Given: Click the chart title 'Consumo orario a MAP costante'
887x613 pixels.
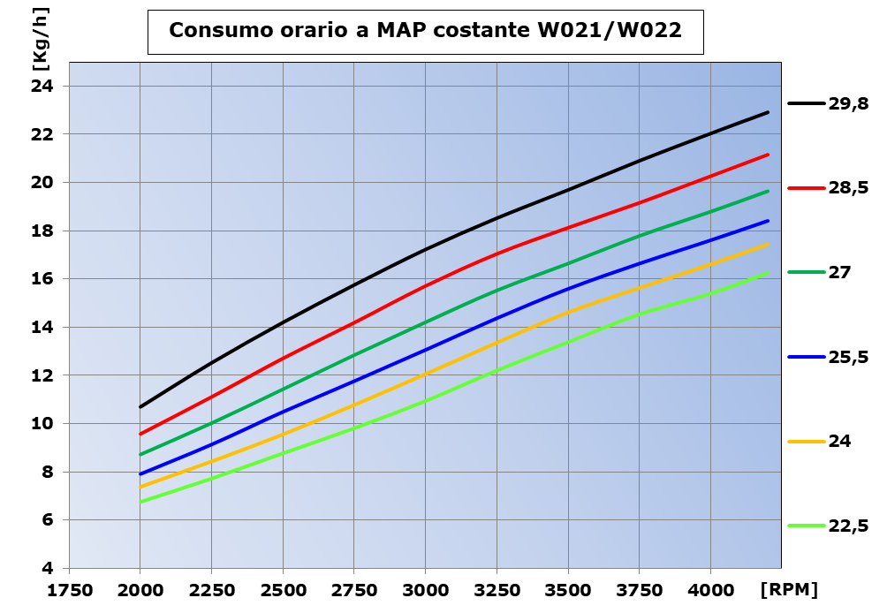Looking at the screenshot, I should (425, 30).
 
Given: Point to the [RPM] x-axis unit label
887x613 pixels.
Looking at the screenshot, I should (788, 589).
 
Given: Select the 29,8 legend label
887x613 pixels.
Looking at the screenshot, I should (848, 104).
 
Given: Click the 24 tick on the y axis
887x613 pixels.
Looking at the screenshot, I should (43, 87).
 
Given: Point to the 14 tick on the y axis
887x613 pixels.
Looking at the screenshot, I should (43, 328).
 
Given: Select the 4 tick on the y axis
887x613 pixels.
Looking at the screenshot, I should (49, 568).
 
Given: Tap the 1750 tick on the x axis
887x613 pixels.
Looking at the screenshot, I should (70, 589).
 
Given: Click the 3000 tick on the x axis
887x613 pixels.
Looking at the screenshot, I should (425, 589).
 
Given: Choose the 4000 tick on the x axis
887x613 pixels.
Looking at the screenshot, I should (710, 589).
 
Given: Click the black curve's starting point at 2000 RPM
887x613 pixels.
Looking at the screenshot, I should (140, 407).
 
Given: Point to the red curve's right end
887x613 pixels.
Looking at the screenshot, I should (769, 155).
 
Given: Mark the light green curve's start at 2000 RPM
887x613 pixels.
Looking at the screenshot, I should (140, 502).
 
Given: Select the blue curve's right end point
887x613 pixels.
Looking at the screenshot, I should (769, 221).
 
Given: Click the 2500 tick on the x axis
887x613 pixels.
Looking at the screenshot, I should (283, 589).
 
